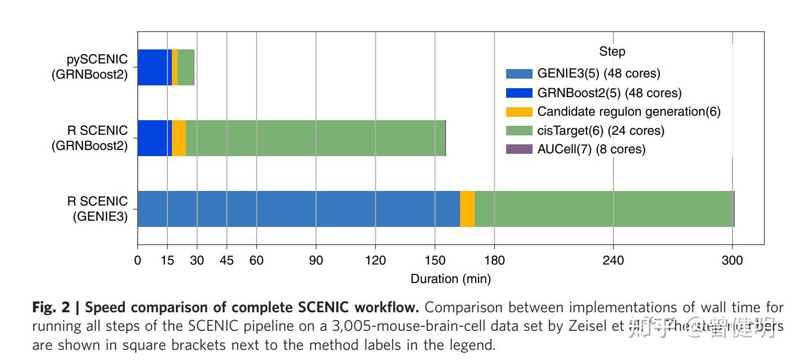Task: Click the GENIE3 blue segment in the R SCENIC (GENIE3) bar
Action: [x=298, y=209]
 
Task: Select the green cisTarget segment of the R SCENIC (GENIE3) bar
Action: [x=603, y=209]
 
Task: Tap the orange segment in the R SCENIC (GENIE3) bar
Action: [x=467, y=209]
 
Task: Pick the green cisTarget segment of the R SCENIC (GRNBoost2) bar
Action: [x=315, y=138]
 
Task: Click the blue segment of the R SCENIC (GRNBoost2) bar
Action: [x=154, y=138]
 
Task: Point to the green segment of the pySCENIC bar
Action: [x=186, y=67]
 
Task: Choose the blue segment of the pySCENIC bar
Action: [x=154, y=67]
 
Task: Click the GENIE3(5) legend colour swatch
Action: [x=518, y=74]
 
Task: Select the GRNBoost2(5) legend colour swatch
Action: [x=518, y=93]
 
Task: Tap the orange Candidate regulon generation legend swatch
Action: [x=518, y=112]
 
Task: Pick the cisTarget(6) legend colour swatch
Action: [x=518, y=130]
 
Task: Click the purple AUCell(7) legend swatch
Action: [x=518, y=149]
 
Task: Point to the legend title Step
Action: [x=612, y=52]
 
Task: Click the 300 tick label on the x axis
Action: [x=732, y=261]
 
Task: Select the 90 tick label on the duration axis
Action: [x=316, y=261]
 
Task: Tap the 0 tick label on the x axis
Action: [x=138, y=261]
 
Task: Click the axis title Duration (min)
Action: [x=451, y=279]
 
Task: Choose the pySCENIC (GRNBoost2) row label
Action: [x=90, y=67]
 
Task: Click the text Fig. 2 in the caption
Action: [x=52, y=308]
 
